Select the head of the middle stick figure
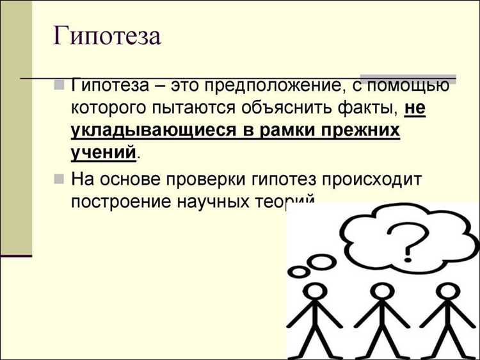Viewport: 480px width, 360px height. pyautogui.click(x=381, y=295)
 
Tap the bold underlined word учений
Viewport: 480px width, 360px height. pyautogui.click(x=104, y=153)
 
